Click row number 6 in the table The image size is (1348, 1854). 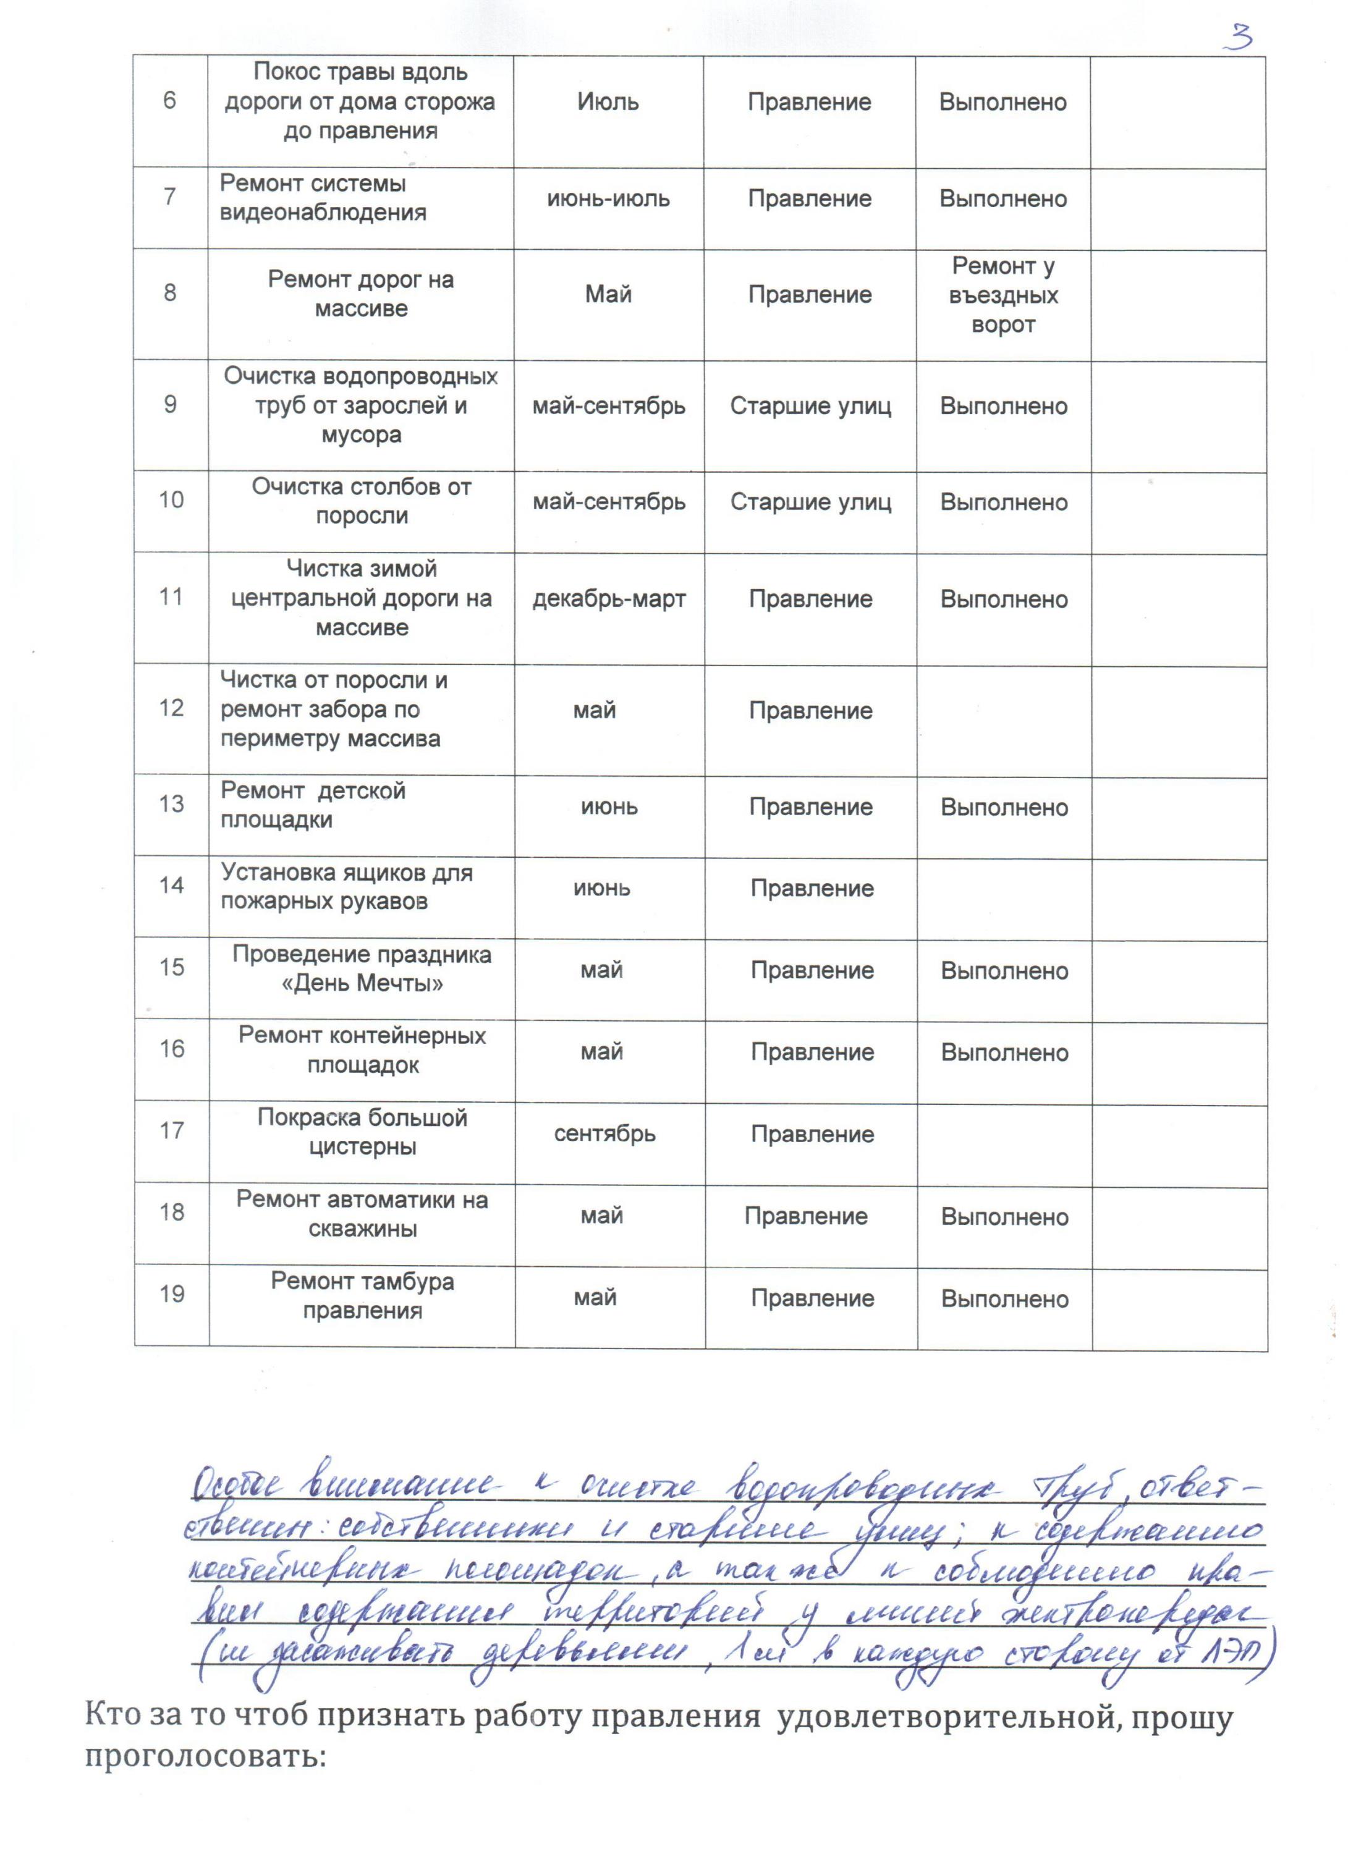(170, 101)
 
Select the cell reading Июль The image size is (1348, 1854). (608, 102)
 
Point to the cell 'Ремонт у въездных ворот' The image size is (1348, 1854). (1003, 295)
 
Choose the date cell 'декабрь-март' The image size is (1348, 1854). (609, 599)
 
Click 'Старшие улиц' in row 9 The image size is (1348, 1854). (810, 406)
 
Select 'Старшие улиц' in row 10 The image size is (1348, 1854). (810, 502)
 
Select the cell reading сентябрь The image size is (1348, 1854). (605, 1134)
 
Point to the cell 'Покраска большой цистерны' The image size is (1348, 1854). (362, 1132)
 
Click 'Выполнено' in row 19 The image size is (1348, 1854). (1004, 1300)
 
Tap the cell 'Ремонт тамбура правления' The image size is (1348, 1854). (362, 1297)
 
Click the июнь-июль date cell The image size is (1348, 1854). (608, 198)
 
